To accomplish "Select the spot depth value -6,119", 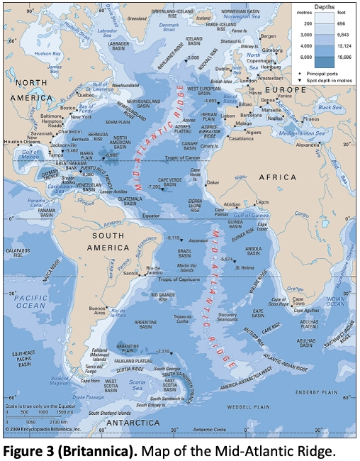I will click(174, 238).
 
